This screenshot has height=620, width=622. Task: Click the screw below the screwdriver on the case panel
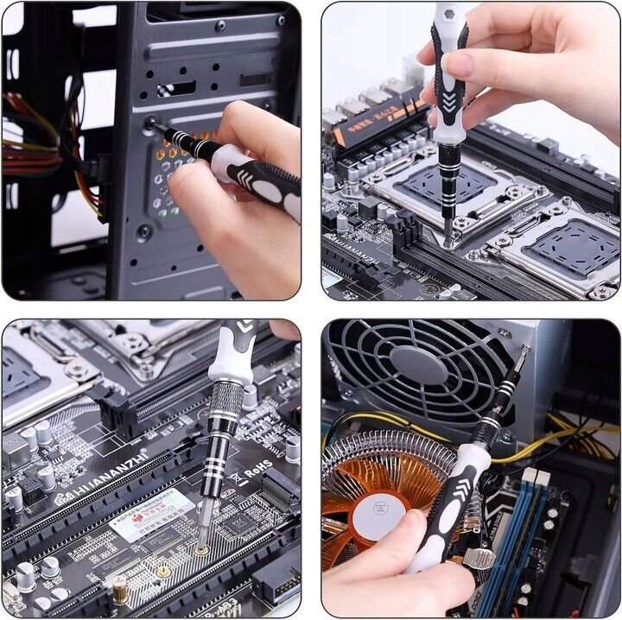(x=143, y=231)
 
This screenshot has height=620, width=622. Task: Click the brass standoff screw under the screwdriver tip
(x=201, y=549)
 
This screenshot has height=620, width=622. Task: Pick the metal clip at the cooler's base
(x=478, y=557)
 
